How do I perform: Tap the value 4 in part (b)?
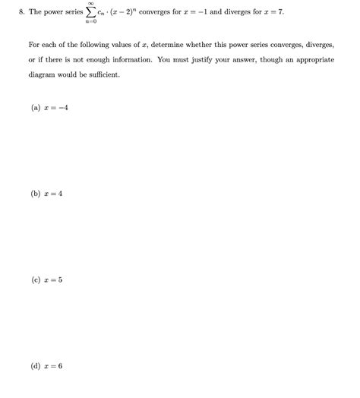[x=61, y=194]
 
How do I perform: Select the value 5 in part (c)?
[x=61, y=280]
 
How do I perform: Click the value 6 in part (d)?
[x=61, y=365]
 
